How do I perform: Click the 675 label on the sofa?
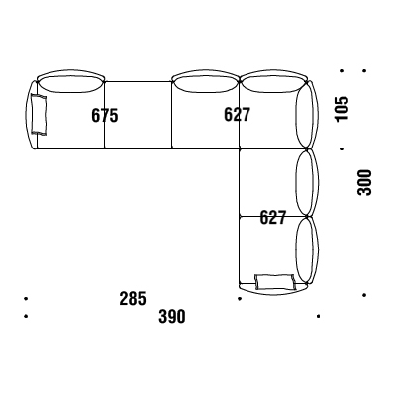tap(105, 116)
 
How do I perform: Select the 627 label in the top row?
tap(237, 115)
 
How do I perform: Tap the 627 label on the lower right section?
tap(272, 217)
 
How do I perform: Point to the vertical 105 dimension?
tap(342, 109)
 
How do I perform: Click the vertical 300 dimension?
tap(364, 182)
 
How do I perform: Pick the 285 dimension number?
tap(133, 298)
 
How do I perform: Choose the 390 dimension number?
tap(172, 316)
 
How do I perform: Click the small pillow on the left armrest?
tap(39, 114)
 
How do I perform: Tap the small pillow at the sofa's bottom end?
tap(274, 282)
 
